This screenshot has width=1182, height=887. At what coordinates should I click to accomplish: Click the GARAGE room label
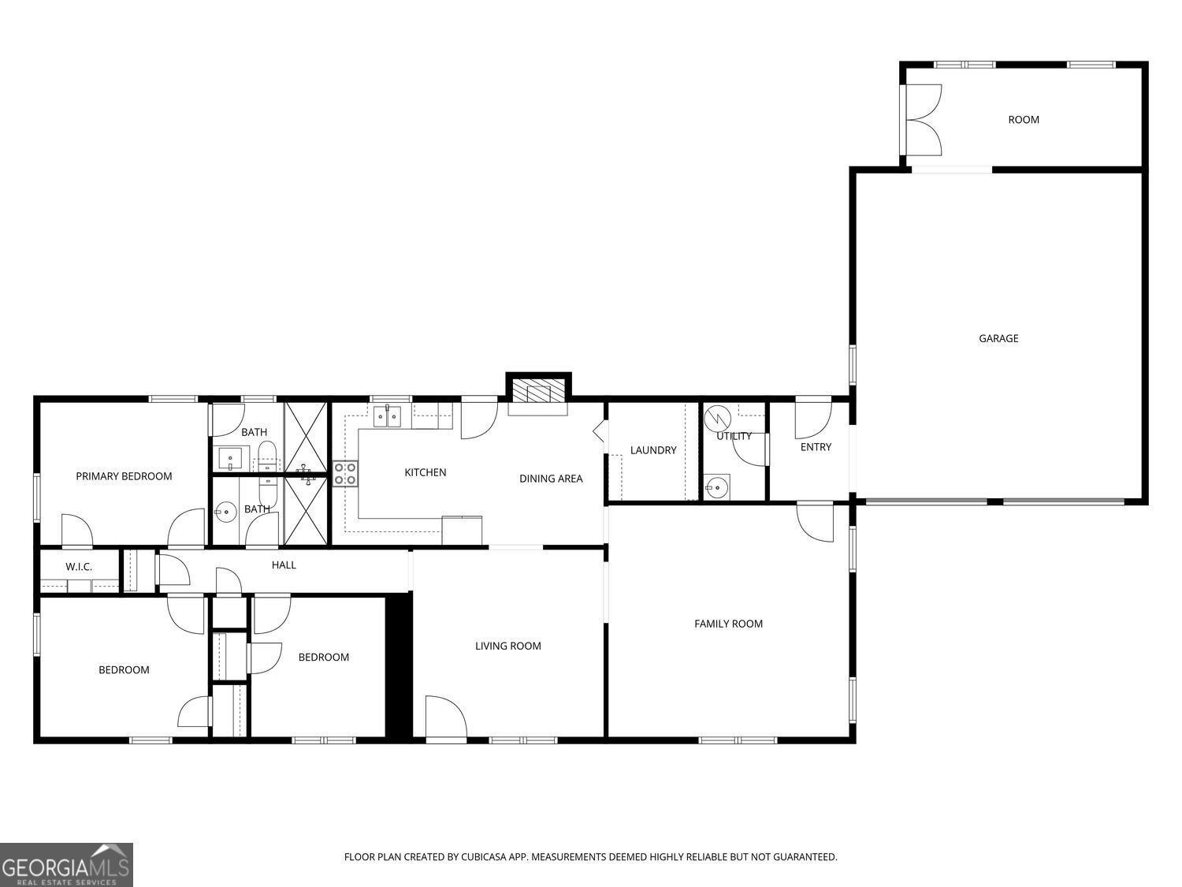[x=998, y=339]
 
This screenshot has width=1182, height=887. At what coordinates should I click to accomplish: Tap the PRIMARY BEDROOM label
[x=124, y=476]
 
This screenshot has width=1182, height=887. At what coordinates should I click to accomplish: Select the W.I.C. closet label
[x=79, y=567]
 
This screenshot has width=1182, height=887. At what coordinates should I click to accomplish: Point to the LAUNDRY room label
[x=653, y=450]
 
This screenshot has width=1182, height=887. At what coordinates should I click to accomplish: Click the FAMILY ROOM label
[x=728, y=624]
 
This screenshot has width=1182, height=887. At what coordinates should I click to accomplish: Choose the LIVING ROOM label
[x=507, y=646]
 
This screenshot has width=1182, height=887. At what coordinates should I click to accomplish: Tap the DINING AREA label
[x=551, y=479]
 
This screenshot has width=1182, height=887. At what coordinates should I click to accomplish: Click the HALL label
[x=284, y=565]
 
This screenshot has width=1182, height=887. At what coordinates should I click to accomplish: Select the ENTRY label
[x=816, y=447]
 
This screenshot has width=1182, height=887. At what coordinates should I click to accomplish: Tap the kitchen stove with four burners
[x=345, y=473]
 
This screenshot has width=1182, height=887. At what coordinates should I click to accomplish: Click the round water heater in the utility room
[x=717, y=418]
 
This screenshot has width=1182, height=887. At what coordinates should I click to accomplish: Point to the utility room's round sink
[x=717, y=487]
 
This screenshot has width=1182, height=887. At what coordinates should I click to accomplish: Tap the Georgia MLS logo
[x=66, y=865]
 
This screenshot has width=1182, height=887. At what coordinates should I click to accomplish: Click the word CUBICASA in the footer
[x=481, y=857]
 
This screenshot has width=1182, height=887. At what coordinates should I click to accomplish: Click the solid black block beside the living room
[x=399, y=665]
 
